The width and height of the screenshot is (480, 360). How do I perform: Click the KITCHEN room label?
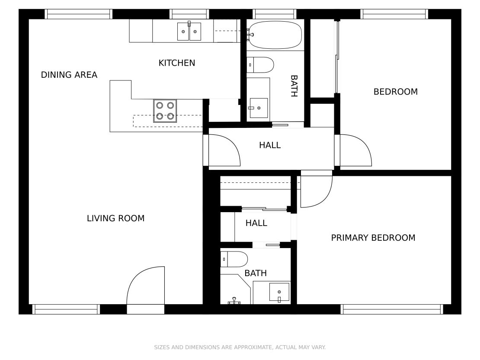[x=176, y=63]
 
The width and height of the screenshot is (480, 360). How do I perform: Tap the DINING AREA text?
[x=69, y=75]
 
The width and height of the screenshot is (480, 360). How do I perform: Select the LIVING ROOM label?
[x=115, y=218]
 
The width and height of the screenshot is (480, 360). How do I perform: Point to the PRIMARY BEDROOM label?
[x=373, y=238]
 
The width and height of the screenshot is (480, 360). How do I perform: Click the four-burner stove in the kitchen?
[x=165, y=111]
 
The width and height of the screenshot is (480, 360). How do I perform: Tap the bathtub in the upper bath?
[x=275, y=35]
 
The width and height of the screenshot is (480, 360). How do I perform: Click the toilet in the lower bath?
[x=234, y=259]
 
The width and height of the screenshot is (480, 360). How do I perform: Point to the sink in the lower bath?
[x=279, y=293]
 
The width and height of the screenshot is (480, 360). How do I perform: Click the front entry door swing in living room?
[x=146, y=286]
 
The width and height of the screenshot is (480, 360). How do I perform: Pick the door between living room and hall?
[x=223, y=150]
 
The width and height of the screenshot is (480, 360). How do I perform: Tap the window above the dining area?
[x=79, y=14]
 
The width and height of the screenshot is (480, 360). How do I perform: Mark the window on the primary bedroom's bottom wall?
[x=392, y=309]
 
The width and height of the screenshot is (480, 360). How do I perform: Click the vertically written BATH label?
[x=294, y=86]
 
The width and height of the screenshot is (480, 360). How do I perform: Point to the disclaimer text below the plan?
[x=240, y=347]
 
